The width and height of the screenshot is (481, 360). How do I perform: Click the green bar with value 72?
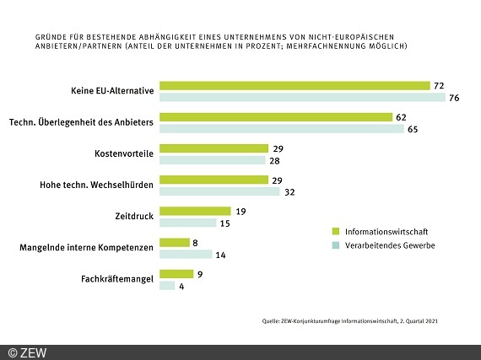(295, 85)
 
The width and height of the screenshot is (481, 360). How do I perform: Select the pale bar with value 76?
(302, 97)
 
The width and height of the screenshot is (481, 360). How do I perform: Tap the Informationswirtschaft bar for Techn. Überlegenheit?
(276, 117)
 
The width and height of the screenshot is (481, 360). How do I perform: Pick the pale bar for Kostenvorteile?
(212, 160)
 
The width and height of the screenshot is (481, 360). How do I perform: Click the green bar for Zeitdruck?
(195, 211)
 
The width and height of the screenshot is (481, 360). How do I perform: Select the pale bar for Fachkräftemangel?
(167, 286)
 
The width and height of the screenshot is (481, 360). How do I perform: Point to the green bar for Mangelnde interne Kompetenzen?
(175, 243)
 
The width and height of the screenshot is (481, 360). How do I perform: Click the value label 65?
(413, 129)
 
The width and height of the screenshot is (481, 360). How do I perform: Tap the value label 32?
(289, 191)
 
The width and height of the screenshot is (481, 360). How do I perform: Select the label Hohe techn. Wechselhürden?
(97, 185)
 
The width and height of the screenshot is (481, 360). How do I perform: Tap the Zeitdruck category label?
(133, 217)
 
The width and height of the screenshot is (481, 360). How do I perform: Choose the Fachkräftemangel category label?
(116, 279)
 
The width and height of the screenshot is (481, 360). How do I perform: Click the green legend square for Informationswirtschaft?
(336, 230)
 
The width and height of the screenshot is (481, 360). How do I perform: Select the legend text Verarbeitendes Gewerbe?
(387, 245)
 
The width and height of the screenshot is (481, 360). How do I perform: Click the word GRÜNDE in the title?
(51, 38)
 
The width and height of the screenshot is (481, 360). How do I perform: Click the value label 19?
(240, 211)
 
